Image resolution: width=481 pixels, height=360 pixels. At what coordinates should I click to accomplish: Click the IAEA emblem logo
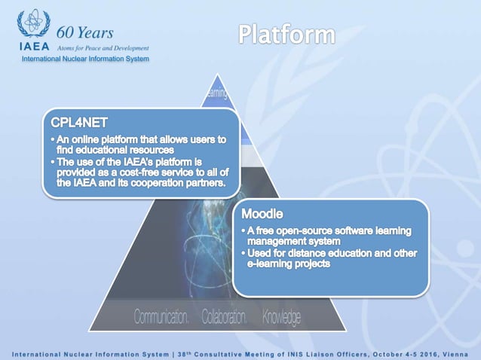(x=32, y=24)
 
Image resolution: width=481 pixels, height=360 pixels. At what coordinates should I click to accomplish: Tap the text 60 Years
(x=85, y=32)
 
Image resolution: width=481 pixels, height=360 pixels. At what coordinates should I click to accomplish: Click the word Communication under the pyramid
(x=161, y=317)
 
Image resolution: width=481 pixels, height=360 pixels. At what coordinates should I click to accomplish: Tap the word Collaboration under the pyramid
(x=225, y=317)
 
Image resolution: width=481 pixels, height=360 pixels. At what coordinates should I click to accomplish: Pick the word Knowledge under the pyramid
(x=281, y=317)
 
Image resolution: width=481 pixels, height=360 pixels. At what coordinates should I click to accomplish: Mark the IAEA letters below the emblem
(x=33, y=46)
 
